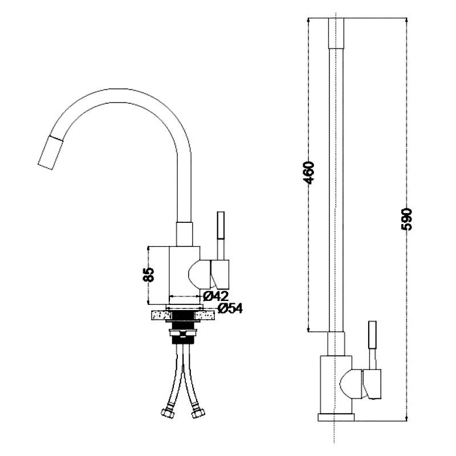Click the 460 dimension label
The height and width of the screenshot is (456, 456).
coord(308,173)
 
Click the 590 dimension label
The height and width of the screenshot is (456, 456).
coord(406,219)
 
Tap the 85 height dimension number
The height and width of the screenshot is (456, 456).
coord(149,275)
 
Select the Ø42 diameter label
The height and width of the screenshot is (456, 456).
coord(216,296)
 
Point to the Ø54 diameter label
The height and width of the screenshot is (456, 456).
coord(230,308)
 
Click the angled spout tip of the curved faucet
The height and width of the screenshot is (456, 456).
coord(50,153)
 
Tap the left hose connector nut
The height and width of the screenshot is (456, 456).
coord(168,413)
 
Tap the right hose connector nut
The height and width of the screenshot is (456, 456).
coord(198,413)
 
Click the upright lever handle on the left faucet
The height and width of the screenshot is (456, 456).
coord(221,225)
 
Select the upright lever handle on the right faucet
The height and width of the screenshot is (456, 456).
coord(372,335)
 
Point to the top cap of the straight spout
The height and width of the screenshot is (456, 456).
coord(336,33)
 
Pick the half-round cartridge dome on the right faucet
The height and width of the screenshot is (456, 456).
coord(351,384)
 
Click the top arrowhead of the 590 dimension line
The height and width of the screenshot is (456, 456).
coord(406,20)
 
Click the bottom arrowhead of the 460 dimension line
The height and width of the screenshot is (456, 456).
coord(308,329)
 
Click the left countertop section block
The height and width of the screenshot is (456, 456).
coord(161,315)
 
